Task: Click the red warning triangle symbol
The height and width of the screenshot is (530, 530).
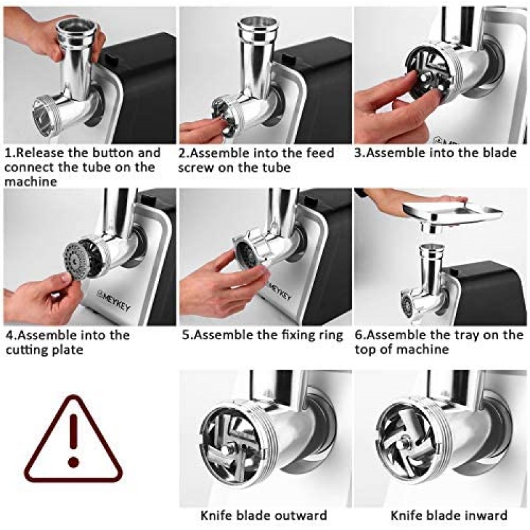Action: tap(74, 441)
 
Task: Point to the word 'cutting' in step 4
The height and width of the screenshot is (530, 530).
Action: tap(26, 349)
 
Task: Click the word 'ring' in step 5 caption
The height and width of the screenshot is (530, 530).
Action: tap(330, 335)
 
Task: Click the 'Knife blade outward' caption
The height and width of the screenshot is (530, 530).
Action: tap(264, 515)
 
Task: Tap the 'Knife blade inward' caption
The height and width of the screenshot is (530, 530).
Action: tap(449, 515)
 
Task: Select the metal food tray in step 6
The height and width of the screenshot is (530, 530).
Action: tap(451, 213)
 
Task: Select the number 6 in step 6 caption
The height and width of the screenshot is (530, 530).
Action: tap(360, 335)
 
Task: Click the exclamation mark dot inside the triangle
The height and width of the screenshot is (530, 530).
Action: tap(74, 462)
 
